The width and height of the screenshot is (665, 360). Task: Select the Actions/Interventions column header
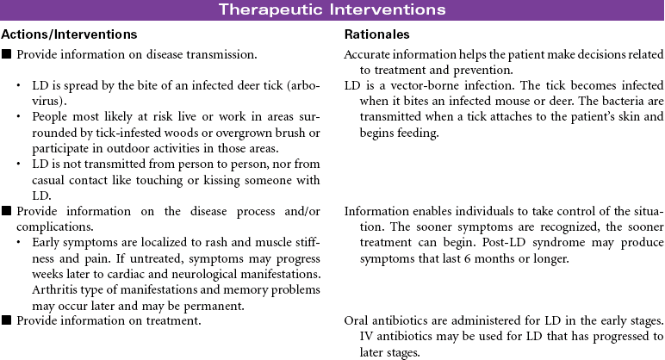point(69,34)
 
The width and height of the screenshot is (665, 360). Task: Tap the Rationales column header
point(376,34)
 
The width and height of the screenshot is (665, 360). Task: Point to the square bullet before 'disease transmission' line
point(7,54)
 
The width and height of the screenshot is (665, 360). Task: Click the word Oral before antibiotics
point(357,320)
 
